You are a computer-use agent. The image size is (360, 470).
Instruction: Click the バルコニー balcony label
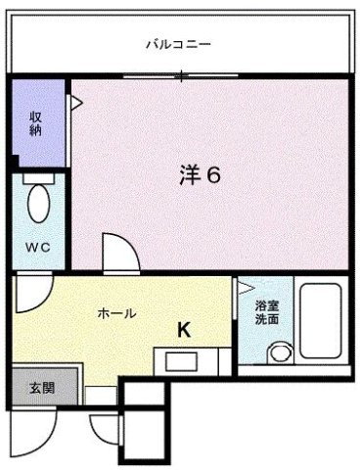pos(178,44)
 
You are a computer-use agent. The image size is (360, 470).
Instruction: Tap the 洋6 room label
pos(201,175)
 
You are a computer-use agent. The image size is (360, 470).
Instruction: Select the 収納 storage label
pos(36,123)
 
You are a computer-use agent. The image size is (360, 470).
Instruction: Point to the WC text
pos(37,248)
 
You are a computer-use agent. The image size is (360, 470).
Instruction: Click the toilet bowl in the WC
pos(39,204)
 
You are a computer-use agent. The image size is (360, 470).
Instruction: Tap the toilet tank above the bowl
pos(38,178)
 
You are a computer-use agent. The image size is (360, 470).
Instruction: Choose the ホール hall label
pos(116,313)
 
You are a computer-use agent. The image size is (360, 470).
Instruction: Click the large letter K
pos(184,329)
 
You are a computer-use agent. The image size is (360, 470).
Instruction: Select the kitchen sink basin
pos(181,361)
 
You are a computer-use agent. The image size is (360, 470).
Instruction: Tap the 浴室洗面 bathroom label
pos(267,313)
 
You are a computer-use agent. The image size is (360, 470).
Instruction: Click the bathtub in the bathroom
pos(321,321)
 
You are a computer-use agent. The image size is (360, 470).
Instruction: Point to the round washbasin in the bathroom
pos(279,352)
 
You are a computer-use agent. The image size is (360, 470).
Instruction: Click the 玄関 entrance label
pos(42,388)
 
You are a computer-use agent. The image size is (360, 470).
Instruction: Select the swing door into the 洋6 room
pos(121,252)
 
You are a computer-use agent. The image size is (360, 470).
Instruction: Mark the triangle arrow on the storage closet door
pos(77,103)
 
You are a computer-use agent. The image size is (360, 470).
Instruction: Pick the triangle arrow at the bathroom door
pos(247,288)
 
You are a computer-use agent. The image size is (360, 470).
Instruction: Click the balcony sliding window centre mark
pos(182,77)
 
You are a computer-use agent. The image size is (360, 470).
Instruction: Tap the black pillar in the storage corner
pos(14,163)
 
